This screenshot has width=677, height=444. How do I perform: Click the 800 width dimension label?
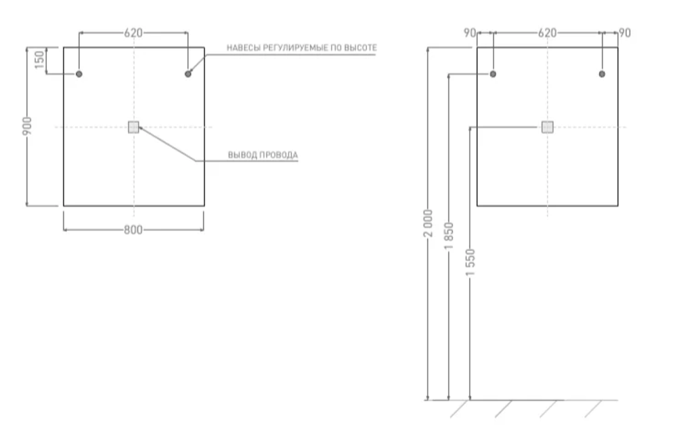pos(133,230)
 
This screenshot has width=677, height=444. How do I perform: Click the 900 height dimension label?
pos(27,127)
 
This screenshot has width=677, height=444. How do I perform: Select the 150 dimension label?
pos(39,60)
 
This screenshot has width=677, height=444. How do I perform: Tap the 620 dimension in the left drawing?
pos(133,33)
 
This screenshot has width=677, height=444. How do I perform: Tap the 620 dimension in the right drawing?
pos(546,33)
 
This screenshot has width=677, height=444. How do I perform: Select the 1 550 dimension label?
pos(471,264)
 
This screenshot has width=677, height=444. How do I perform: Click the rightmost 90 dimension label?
pos(624,33)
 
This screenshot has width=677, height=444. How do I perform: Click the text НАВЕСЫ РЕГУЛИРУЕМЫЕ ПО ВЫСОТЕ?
pos(301,48)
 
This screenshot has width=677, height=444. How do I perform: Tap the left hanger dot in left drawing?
pos(79,74)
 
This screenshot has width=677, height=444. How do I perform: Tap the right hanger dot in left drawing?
pos(188,74)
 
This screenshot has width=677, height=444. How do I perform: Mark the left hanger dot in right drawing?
pos(493,74)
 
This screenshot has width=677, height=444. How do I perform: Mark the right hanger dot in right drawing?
pos(601,74)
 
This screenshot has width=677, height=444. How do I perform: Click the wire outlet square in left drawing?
pos(133,127)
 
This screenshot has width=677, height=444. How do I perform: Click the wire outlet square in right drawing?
pos(547,127)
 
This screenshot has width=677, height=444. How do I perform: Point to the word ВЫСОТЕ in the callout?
pos(361,48)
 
